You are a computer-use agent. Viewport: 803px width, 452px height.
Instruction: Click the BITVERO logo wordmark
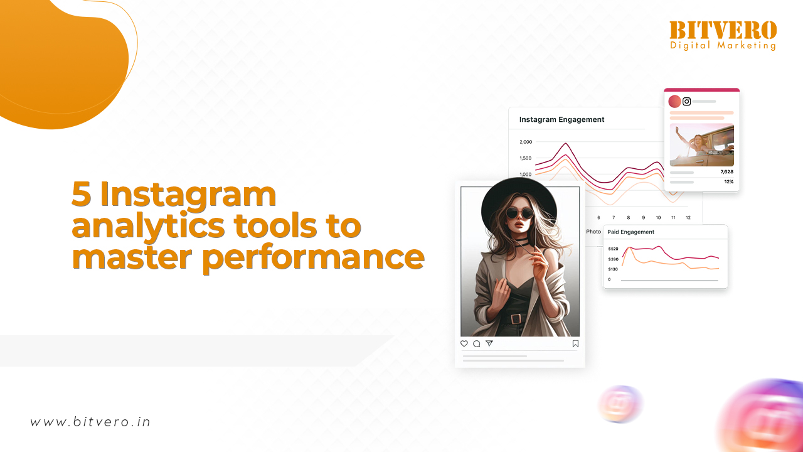tap(723, 30)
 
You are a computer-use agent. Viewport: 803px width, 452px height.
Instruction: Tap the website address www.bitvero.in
tap(90, 422)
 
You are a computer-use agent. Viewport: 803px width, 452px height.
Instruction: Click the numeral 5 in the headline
tap(81, 194)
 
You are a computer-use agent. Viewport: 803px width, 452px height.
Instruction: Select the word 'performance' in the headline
tap(314, 257)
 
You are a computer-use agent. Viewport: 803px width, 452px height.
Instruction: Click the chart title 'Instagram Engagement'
tap(561, 119)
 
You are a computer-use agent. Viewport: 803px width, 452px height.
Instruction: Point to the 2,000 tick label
tap(526, 142)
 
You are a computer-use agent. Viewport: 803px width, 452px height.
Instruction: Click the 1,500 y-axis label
tap(526, 158)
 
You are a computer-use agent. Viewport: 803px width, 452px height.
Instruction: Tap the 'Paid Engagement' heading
tap(630, 232)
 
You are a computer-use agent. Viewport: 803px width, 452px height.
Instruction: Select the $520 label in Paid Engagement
tap(613, 249)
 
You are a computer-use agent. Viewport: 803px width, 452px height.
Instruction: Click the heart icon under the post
tap(464, 343)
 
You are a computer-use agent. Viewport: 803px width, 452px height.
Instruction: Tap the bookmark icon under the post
tap(575, 343)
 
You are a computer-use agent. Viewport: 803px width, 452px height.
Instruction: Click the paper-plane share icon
tap(489, 343)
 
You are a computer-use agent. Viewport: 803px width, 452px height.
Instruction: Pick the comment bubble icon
tap(476, 343)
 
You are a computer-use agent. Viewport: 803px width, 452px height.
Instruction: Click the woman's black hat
tap(518, 199)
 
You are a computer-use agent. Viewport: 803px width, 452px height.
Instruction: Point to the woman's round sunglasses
tap(520, 213)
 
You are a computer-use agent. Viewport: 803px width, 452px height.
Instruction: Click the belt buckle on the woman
tap(516, 319)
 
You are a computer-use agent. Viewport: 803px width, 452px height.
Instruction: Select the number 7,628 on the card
tap(727, 172)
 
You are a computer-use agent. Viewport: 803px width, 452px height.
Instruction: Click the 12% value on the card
tap(729, 182)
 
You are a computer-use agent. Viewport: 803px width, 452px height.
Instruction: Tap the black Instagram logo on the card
tap(686, 102)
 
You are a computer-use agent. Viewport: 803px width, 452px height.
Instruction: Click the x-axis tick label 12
tap(688, 218)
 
